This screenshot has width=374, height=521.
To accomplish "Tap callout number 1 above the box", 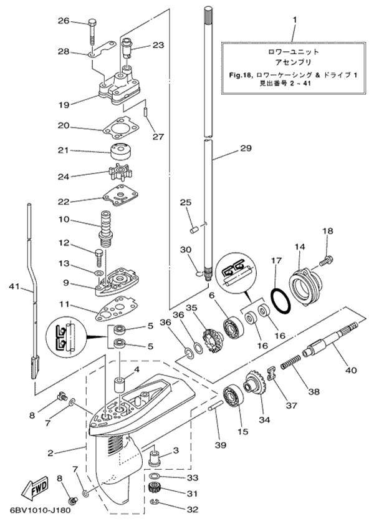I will (x=295, y=20).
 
